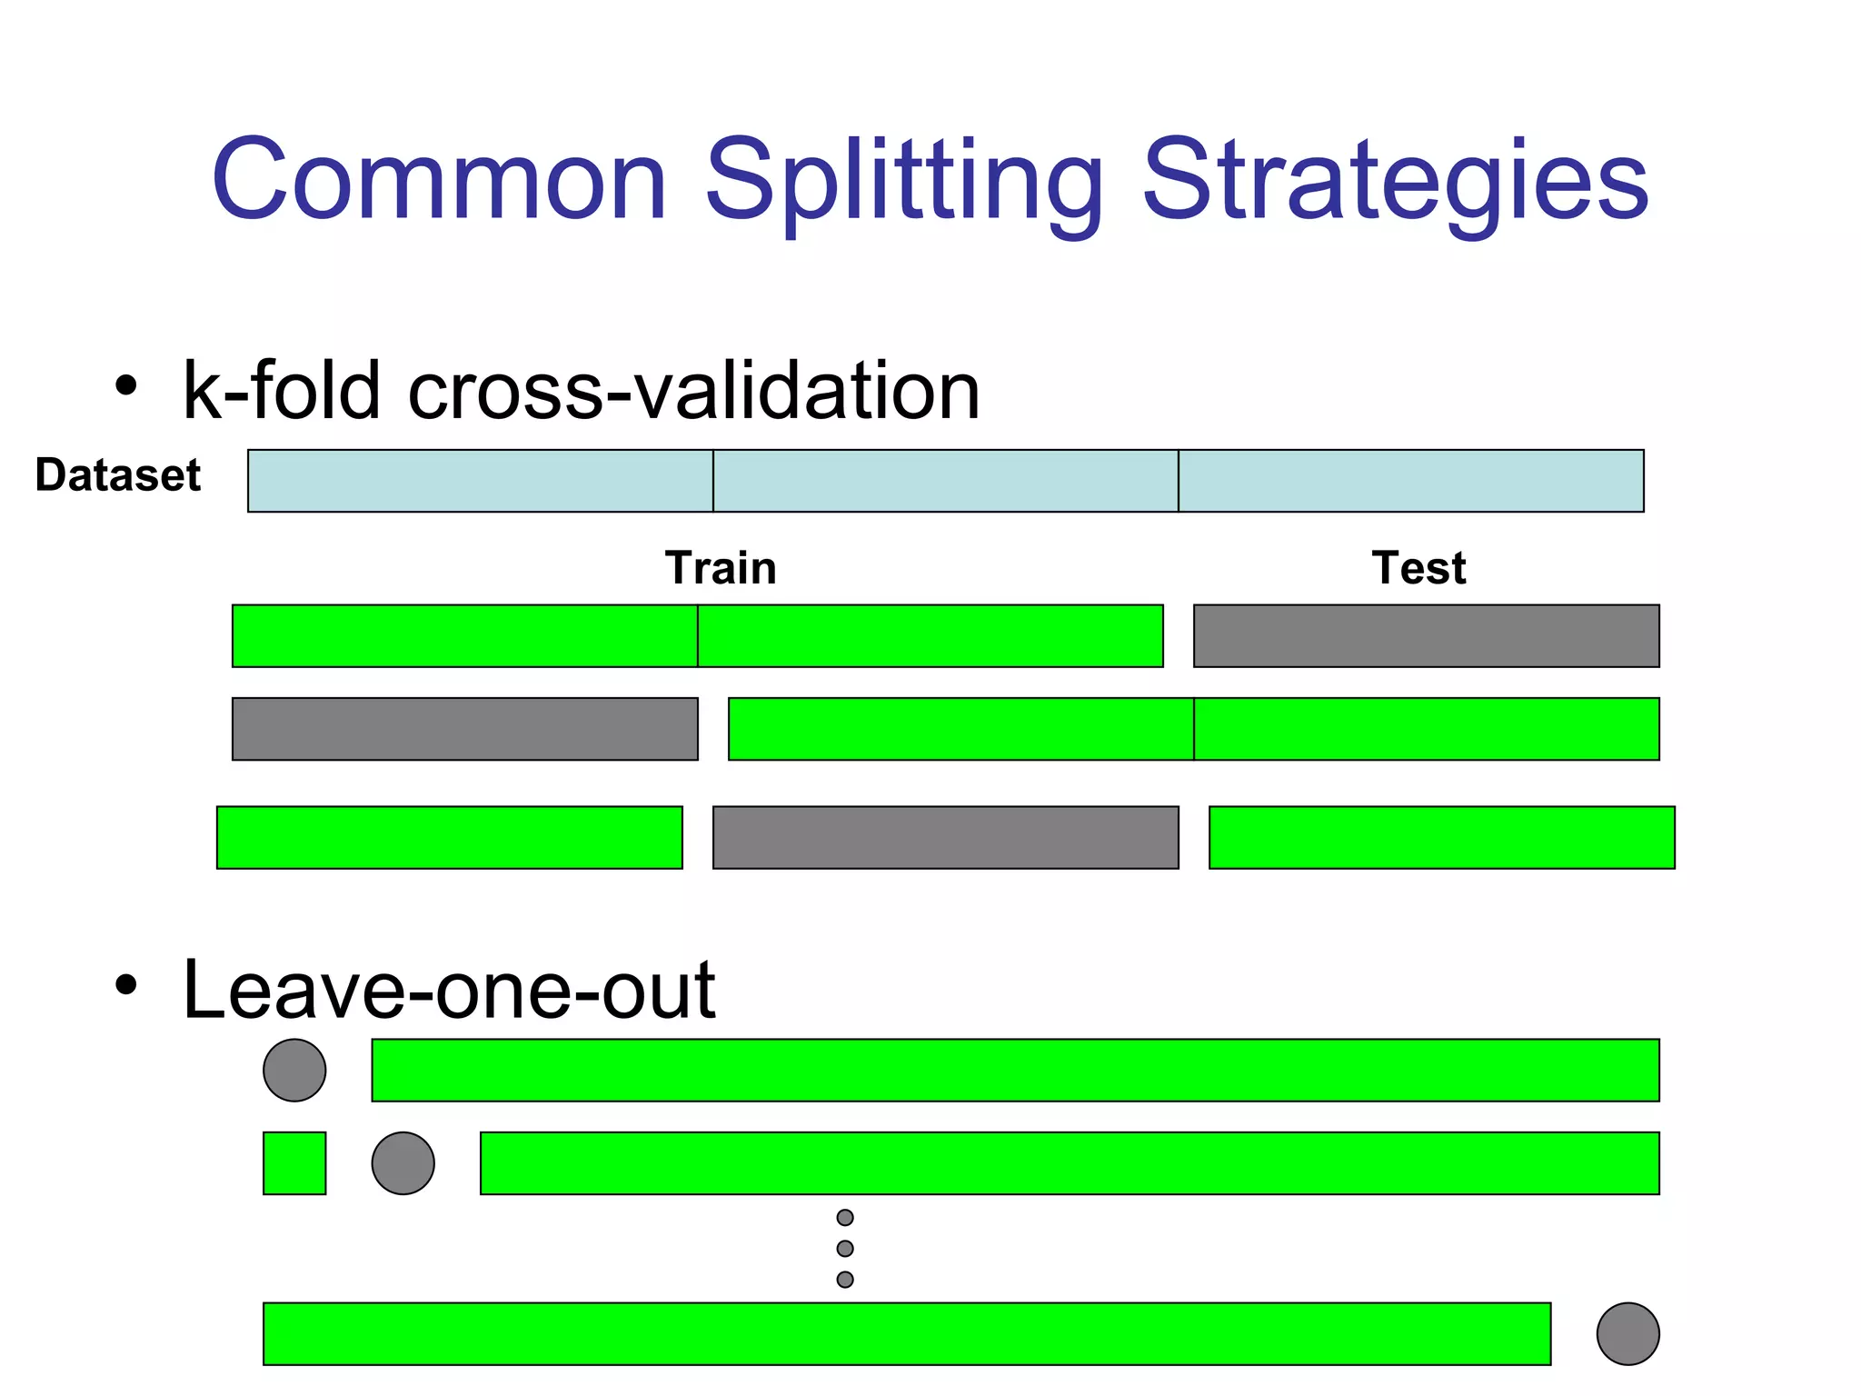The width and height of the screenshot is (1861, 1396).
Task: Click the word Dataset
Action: [117, 475]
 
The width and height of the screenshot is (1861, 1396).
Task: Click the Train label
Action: [721, 568]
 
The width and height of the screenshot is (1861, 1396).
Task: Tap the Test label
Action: [1418, 568]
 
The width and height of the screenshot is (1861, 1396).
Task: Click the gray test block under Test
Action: [1426, 636]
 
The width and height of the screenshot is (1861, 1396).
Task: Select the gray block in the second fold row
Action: [465, 729]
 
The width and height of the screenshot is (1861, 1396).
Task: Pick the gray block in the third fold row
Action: [945, 838]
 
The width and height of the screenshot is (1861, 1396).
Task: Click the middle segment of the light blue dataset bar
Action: [945, 481]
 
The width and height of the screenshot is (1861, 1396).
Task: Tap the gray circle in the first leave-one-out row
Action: [294, 1071]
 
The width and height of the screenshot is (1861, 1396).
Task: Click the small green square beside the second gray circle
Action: [294, 1163]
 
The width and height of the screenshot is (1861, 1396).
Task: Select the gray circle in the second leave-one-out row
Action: [403, 1163]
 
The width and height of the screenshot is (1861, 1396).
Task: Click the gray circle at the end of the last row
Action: [1627, 1334]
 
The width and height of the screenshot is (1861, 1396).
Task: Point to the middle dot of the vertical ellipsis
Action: [845, 1249]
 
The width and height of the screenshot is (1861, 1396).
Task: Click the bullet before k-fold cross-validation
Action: [126, 385]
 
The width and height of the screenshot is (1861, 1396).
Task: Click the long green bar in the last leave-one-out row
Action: [907, 1334]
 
